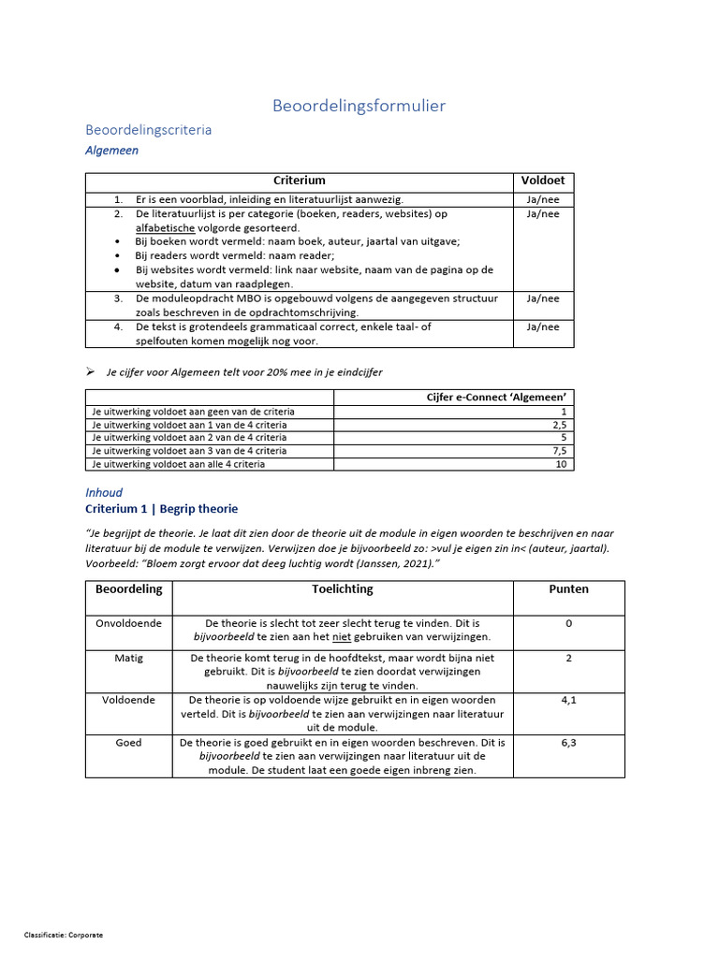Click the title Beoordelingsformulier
359,106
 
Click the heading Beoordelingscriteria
148,130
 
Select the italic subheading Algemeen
111,150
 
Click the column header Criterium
299,181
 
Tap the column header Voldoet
543,181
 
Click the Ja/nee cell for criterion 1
543,199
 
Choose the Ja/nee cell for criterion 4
543,327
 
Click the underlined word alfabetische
166,227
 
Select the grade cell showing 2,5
559,425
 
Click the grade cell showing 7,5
559,451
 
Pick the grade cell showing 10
561,464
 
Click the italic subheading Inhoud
104,492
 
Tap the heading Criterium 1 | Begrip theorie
161,509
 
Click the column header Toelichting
342,589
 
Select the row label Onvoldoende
128,623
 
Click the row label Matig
128,658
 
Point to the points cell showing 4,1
568,700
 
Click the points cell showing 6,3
568,743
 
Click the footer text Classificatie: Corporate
64,935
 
